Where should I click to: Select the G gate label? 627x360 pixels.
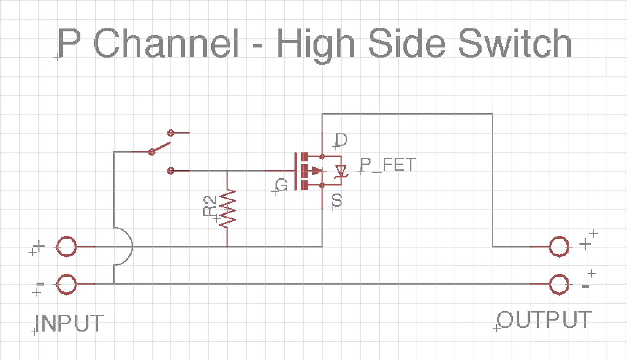282,186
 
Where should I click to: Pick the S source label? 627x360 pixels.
337,200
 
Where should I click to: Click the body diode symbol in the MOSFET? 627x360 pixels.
341,171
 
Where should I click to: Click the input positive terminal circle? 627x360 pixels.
66,247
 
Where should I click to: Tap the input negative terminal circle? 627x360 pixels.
66,284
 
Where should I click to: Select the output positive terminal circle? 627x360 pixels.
559,247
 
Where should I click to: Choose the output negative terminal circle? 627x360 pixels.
559,284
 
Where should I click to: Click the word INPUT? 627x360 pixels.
69,323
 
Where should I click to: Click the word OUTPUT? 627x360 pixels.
544,320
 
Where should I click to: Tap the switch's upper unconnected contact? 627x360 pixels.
171,133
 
